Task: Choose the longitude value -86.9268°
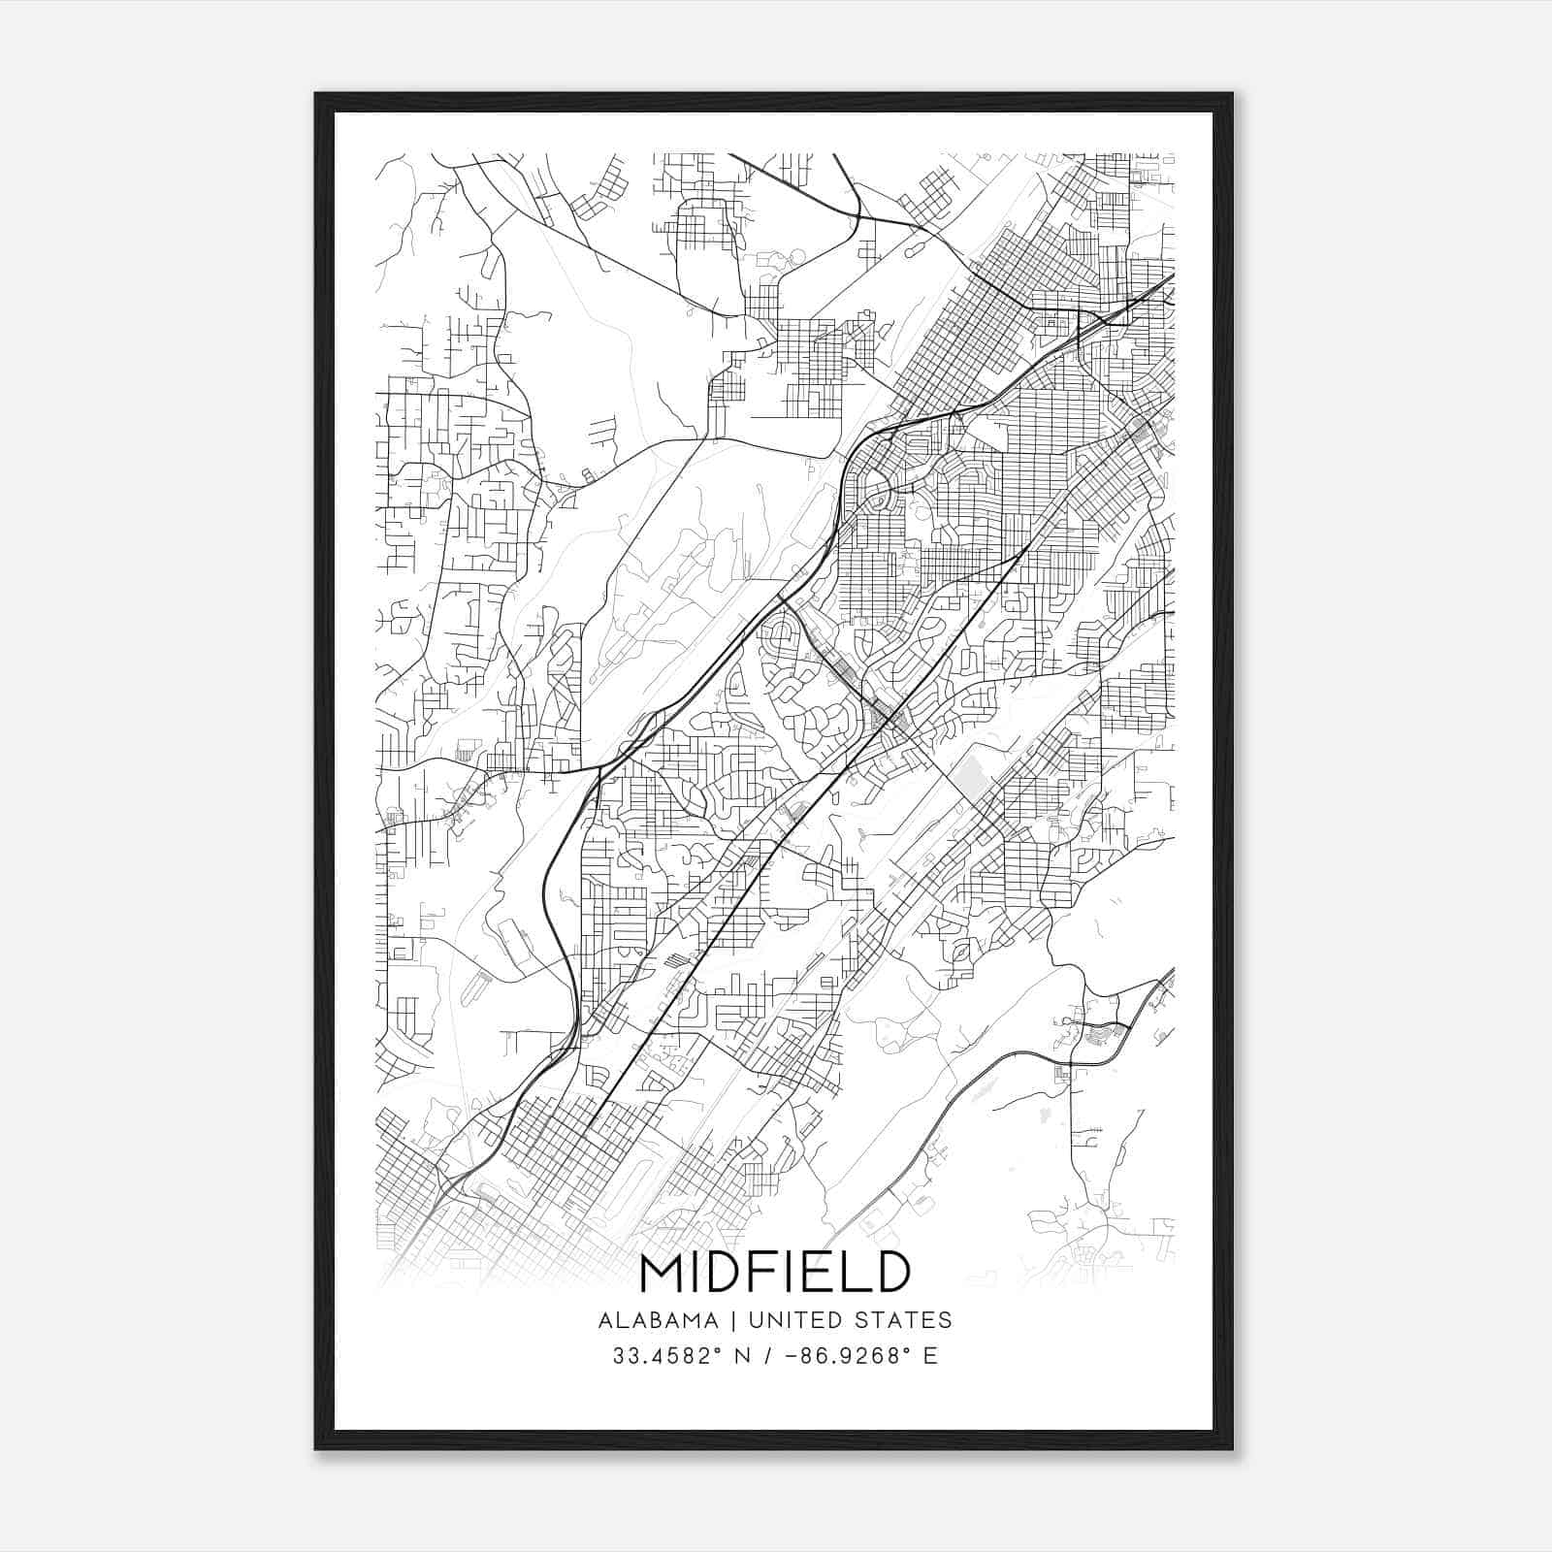849,1356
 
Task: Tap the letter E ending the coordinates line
931,1356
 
